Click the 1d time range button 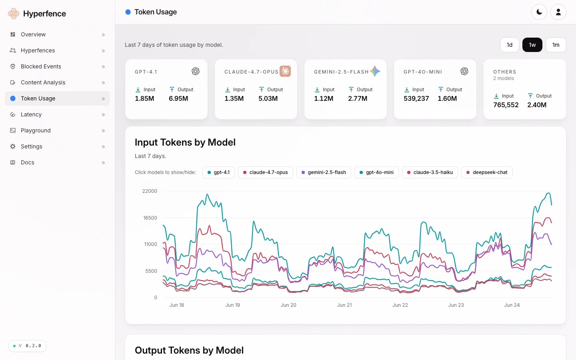click(510, 45)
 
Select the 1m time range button click(556, 45)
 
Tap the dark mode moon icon click(539, 12)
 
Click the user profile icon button click(558, 12)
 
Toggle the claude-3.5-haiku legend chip click(430, 172)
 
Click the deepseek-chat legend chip click(487, 172)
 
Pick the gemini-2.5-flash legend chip click(324, 172)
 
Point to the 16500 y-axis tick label click(150, 218)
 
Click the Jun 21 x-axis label click(344, 305)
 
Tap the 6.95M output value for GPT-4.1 click(178, 98)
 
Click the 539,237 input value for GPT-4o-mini click(416, 98)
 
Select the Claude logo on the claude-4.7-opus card click(285, 71)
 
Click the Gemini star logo click(375, 71)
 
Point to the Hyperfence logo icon click(13, 13)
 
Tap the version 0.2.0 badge click(27, 346)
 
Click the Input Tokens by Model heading click(185, 142)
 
